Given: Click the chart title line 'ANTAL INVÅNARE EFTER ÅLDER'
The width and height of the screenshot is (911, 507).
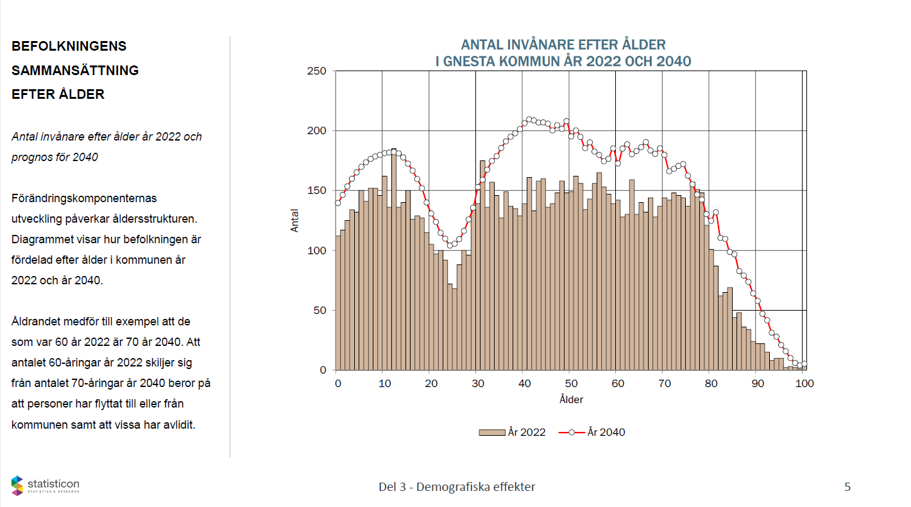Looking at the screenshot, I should pyautogui.click(x=563, y=45).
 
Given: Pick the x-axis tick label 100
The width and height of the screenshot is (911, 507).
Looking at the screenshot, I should pyautogui.click(x=805, y=383).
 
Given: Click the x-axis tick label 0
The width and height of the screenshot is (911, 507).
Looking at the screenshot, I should pyautogui.click(x=338, y=383).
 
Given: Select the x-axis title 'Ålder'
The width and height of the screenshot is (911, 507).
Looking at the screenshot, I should pyautogui.click(x=571, y=399).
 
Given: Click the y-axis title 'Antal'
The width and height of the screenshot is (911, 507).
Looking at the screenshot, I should pyautogui.click(x=295, y=220).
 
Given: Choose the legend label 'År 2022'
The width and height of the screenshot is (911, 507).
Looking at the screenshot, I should pyautogui.click(x=526, y=432).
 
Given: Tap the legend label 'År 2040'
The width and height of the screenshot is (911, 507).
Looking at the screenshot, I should pyautogui.click(x=606, y=432).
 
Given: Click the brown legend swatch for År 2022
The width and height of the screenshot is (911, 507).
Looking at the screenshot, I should pyautogui.click(x=491, y=432).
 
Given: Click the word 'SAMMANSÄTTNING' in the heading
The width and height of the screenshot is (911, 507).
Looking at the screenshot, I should pyautogui.click(x=75, y=70).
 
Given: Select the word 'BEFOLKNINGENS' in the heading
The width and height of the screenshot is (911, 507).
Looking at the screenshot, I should pyautogui.click(x=69, y=46).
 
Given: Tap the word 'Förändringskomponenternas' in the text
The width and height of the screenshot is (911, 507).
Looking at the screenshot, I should pyautogui.click(x=84, y=198).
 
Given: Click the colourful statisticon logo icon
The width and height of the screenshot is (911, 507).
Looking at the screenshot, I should pyautogui.click(x=17, y=486).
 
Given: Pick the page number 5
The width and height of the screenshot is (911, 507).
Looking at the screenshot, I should pyautogui.click(x=847, y=486).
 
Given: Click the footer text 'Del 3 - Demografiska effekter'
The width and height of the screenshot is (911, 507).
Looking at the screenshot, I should pyautogui.click(x=457, y=486).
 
